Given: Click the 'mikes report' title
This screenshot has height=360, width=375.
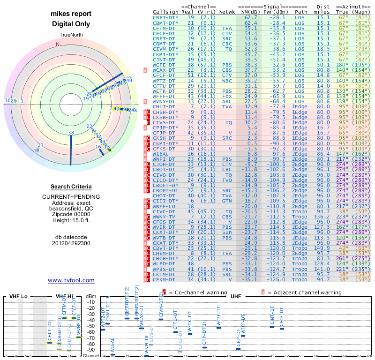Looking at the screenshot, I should point(71,14).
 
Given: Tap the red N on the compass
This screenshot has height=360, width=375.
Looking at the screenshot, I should point(58,45).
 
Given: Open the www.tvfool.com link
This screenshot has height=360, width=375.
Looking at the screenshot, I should point(71,280).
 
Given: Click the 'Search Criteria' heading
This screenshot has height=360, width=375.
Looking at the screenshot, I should point(71,187).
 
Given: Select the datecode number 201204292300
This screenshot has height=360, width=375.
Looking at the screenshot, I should point(71,243).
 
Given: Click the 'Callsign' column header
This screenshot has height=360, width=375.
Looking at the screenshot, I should point(165,11).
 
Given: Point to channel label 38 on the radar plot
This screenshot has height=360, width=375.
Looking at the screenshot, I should point(71,133).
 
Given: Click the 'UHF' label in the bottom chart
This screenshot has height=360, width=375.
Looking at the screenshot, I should point(236,297).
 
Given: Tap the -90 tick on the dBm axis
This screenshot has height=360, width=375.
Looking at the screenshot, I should point(90,350).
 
